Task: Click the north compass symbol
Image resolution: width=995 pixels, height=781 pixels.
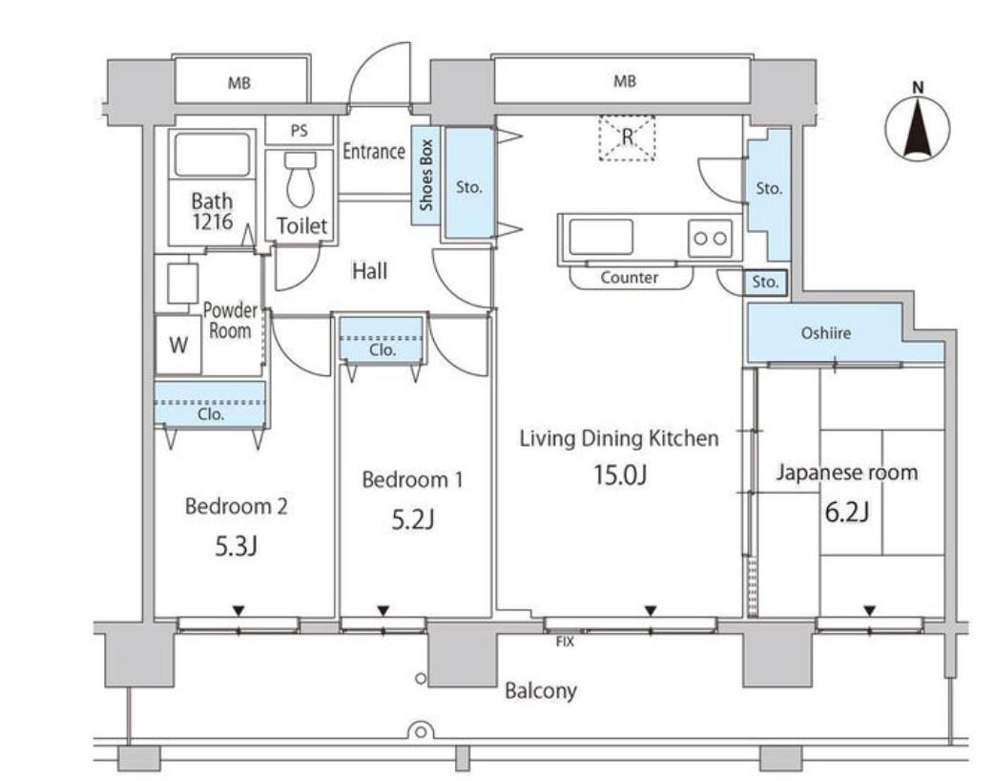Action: (x=918, y=127)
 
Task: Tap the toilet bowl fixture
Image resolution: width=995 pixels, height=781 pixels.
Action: (x=301, y=179)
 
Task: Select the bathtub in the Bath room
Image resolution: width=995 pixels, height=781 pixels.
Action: (x=212, y=155)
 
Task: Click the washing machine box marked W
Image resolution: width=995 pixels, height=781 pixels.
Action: (x=179, y=344)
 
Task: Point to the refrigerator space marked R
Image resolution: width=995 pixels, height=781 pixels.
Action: (x=627, y=137)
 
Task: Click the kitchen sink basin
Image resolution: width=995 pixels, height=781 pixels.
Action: (x=601, y=237)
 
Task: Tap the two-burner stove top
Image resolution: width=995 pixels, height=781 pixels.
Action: (x=710, y=238)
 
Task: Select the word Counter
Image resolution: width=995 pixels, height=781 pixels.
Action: (x=629, y=278)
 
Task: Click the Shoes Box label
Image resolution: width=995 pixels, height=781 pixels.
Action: (x=425, y=176)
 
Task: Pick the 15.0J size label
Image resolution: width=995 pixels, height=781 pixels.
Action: (x=619, y=475)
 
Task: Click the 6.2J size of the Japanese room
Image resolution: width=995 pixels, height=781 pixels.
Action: (x=846, y=512)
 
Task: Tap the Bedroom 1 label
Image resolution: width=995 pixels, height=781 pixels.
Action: (x=412, y=479)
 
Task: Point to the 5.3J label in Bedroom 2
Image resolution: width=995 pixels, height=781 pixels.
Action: (x=236, y=546)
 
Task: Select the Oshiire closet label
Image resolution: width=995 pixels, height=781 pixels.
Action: (x=825, y=332)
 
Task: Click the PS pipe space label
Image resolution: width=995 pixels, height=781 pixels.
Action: (x=299, y=131)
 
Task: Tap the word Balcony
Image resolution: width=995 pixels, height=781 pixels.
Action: (x=541, y=691)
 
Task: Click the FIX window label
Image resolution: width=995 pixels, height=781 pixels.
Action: (x=565, y=642)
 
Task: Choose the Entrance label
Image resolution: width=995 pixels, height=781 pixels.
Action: (x=374, y=151)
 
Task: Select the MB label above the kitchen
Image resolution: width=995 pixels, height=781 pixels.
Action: (x=625, y=81)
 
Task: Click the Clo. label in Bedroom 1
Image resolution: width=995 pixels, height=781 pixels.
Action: (x=383, y=349)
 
